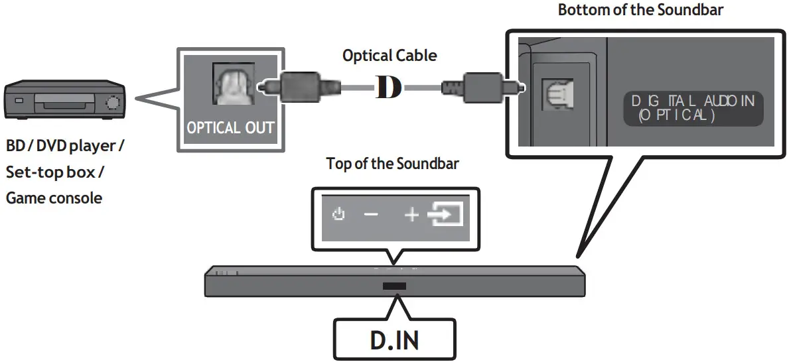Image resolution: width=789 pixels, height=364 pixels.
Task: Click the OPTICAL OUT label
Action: (x=230, y=127)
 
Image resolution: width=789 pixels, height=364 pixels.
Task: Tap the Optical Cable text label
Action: (x=390, y=56)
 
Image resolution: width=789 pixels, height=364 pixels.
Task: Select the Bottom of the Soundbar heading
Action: (x=640, y=10)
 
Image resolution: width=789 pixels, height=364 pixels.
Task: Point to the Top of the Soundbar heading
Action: (x=392, y=164)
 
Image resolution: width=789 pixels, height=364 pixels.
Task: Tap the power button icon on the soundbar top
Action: (x=339, y=215)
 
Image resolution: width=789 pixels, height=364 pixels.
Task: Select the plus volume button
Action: (x=411, y=215)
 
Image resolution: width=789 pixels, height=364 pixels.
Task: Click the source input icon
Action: (x=446, y=215)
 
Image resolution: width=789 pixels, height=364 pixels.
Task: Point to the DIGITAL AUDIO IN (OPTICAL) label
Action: (x=693, y=108)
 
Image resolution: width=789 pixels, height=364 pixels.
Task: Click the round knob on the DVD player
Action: (x=113, y=103)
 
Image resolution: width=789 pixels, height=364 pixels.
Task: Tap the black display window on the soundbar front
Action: (x=394, y=286)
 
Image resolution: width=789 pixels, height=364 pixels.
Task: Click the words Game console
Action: (x=54, y=198)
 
